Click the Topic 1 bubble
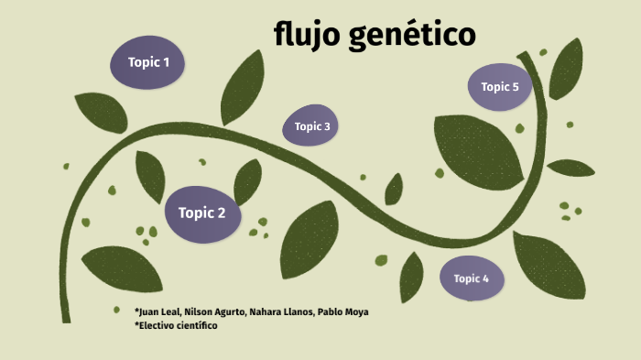(147, 62)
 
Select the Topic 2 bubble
(202, 213)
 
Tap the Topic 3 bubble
(311, 126)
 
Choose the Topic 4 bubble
(472, 279)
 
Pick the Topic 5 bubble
(500, 87)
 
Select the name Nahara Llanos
(280, 312)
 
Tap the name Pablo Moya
(343, 312)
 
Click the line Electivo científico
(177, 325)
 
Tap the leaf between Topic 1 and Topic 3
(243, 86)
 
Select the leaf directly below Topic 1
(100, 112)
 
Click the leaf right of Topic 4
(549, 266)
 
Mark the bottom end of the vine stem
(66, 320)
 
